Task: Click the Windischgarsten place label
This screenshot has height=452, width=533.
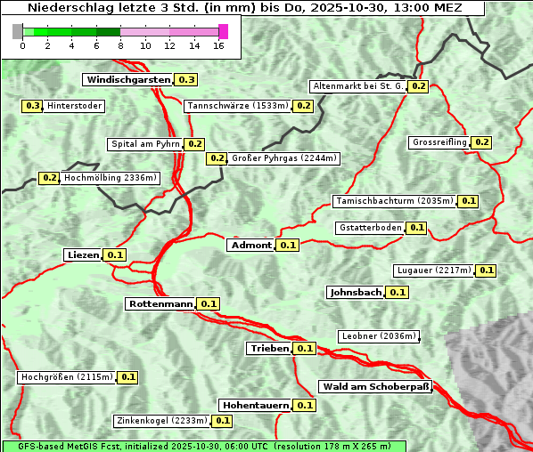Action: tap(127, 80)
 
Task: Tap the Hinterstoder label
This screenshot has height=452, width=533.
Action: tap(75, 106)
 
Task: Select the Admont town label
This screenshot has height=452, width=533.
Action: tap(250, 246)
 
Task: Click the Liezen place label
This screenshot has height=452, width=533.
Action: tap(83, 255)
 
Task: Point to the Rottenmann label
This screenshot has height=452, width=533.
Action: tap(160, 304)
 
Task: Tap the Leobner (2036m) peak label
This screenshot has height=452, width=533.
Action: tap(379, 336)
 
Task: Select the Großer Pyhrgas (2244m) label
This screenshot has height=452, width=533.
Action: tap(284, 158)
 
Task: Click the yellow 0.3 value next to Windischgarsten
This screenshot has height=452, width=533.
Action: tap(186, 80)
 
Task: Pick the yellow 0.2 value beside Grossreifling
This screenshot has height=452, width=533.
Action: tap(482, 142)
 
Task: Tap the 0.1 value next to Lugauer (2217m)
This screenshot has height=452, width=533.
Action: tap(487, 270)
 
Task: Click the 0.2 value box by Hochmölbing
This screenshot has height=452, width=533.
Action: tap(50, 178)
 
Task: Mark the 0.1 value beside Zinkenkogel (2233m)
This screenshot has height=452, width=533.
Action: tap(223, 421)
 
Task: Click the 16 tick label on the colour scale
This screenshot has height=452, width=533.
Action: tap(219, 45)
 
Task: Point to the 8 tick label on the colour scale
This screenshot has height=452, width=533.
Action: tap(120, 45)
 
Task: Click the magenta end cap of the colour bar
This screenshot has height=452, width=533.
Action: tap(223, 31)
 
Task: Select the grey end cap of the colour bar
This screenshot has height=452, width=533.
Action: tap(18, 31)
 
